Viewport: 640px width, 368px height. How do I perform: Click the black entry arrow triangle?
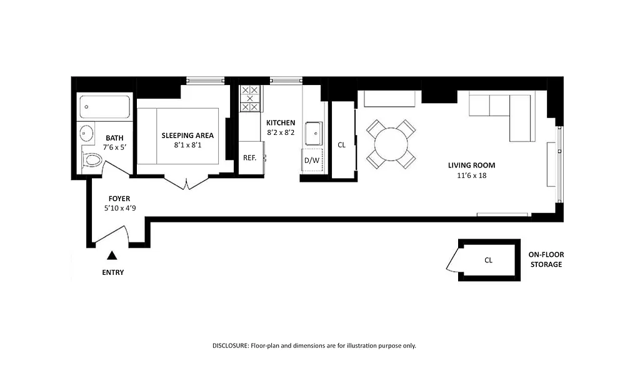click(x=112, y=255)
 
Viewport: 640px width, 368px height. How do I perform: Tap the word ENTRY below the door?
click(x=112, y=272)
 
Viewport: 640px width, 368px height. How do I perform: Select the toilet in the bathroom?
click(x=92, y=161)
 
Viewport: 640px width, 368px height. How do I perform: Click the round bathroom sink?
click(x=86, y=133)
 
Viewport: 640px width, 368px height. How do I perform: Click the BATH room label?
click(x=114, y=138)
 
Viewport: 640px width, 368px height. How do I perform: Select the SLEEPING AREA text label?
click(x=187, y=136)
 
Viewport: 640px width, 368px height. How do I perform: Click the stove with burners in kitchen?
click(x=250, y=99)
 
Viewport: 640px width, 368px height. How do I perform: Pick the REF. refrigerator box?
click(x=250, y=158)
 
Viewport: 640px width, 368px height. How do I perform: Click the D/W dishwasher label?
click(x=311, y=161)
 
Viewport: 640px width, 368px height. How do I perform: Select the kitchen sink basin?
click(x=312, y=132)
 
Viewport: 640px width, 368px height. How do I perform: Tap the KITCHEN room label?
click(x=281, y=123)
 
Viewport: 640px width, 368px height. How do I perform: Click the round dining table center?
click(x=391, y=144)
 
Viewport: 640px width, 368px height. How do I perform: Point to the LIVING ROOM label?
click(x=471, y=166)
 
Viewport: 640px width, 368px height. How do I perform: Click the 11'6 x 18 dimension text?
click(x=471, y=176)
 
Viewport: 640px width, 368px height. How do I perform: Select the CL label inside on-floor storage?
click(x=488, y=260)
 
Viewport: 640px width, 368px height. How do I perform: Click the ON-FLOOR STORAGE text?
click(x=546, y=259)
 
